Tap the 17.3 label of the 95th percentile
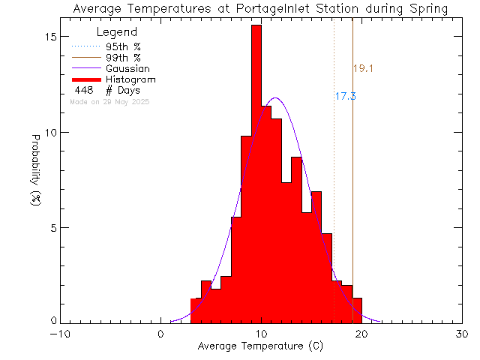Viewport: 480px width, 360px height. point(345,96)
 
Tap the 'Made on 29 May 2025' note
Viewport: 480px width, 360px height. point(109,101)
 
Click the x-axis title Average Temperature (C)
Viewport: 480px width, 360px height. point(261,346)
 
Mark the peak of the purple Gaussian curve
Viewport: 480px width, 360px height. point(275,97)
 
